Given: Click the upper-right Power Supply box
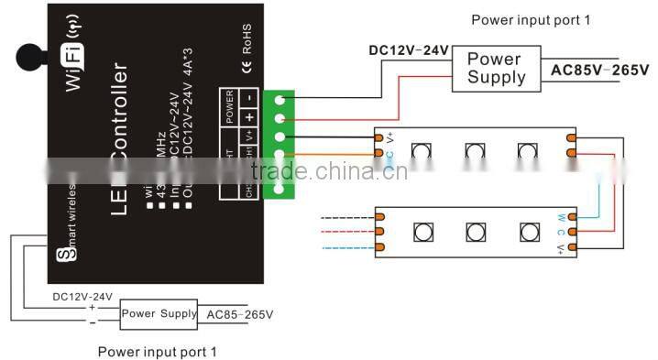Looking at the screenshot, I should [x=496, y=68].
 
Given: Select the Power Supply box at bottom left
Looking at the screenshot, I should [x=159, y=314].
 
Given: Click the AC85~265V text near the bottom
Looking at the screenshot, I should [x=239, y=314].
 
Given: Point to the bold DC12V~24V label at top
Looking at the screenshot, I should [x=409, y=50].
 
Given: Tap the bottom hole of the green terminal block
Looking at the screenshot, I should [x=279, y=188].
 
